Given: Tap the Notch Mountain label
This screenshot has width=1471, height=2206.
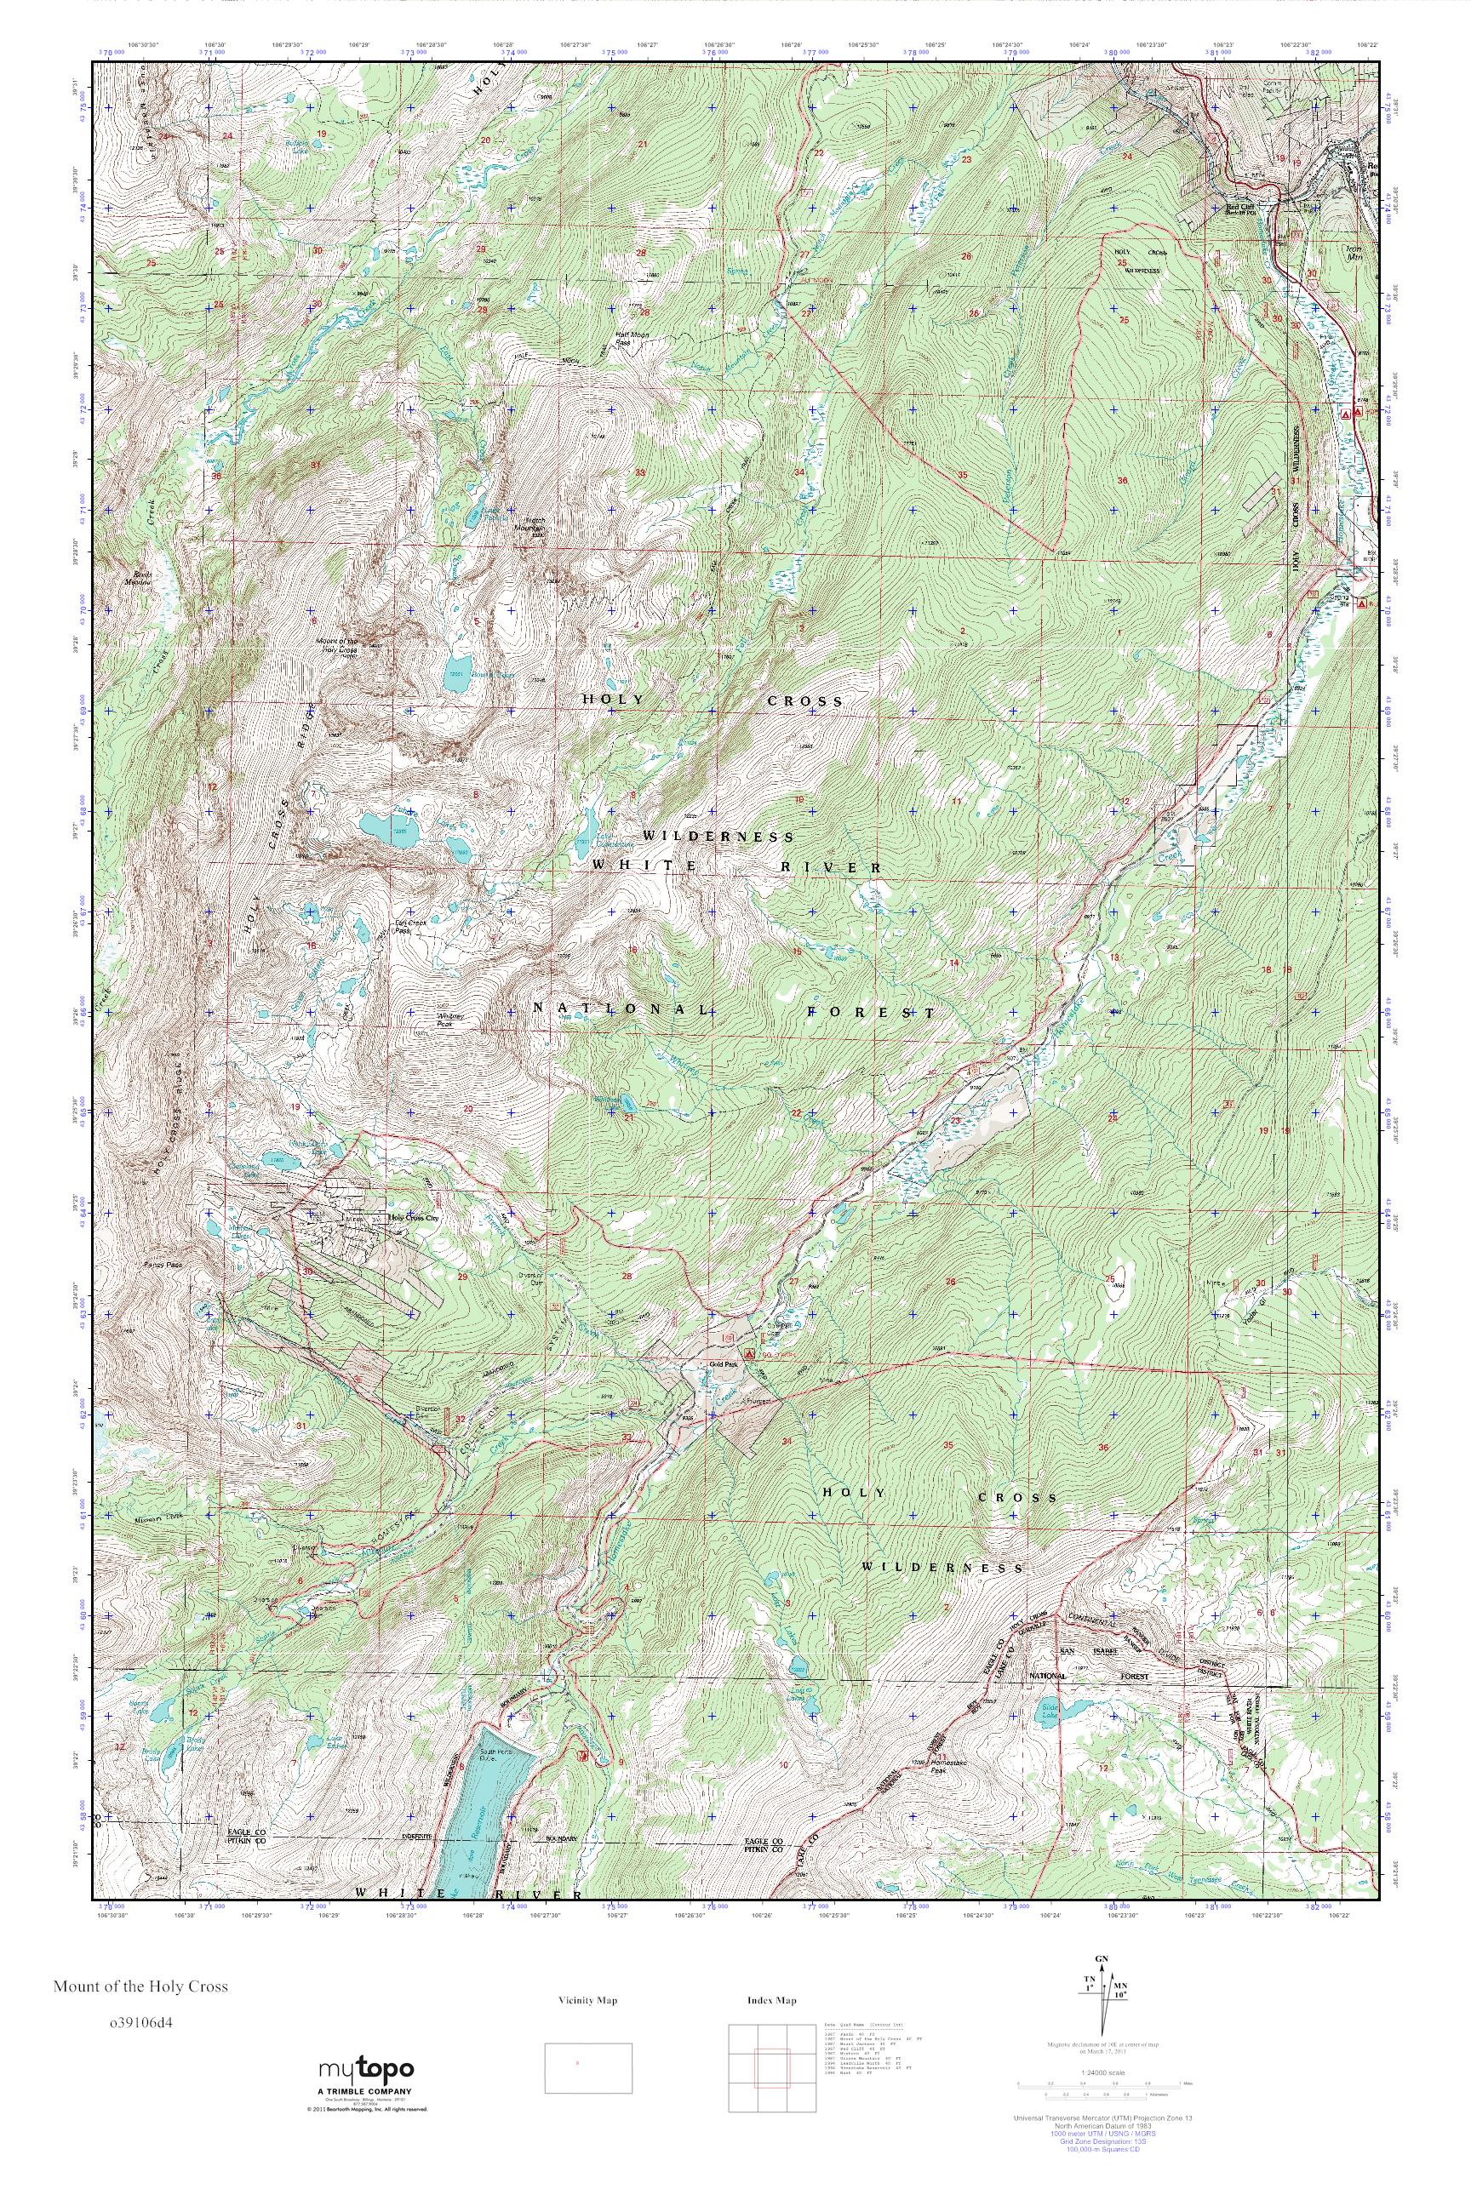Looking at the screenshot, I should pyautogui.click(x=535, y=524).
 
